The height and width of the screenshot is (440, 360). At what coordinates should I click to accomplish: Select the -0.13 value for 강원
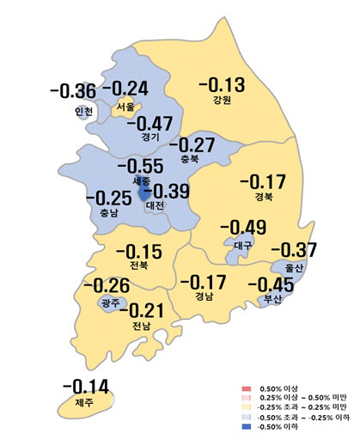[x=221, y=85]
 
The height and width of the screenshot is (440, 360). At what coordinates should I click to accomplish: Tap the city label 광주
[x=110, y=303]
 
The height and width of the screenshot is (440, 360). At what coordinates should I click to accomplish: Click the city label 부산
[x=270, y=300]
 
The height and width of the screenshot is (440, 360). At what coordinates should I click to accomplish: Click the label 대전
[x=156, y=207]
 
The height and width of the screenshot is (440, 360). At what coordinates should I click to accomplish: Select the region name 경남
[x=204, y=298]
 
